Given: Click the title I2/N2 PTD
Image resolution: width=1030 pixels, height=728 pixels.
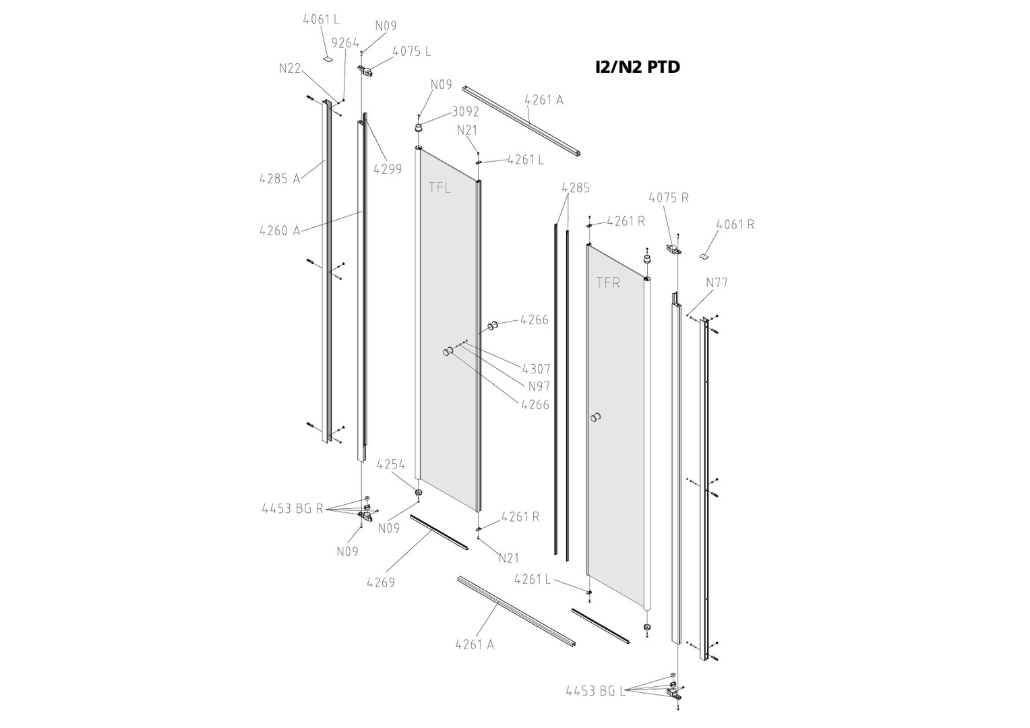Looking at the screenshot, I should (637, 67).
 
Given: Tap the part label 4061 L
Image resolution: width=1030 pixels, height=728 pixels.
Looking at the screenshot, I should (321, 20).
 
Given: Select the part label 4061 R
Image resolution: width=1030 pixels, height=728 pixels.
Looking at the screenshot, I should (735, 224).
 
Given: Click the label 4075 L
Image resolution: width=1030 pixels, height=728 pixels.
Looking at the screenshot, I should (411, 51).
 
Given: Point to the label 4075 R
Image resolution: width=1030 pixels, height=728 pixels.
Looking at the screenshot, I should (668, 198).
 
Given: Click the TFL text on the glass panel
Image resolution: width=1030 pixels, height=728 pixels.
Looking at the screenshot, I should (440, 187).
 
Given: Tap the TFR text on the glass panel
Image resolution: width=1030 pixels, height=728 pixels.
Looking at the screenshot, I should (607, 282).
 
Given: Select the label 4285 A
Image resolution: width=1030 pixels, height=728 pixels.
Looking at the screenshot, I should (280, 179).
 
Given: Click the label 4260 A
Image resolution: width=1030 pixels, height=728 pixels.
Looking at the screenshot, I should (280, 231).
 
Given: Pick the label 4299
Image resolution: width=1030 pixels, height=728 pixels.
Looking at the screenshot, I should (388, 169).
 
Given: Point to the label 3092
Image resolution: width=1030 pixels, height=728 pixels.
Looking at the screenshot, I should (465, 112).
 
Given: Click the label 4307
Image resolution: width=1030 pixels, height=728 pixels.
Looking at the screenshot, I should (536, 369).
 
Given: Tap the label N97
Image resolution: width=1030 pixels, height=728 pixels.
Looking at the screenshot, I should (539, 386).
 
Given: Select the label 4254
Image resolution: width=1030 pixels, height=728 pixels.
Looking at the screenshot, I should (391, 464).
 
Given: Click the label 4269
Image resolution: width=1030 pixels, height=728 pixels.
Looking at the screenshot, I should (381, 582).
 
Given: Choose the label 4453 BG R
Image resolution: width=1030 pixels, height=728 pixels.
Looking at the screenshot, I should (293, 508).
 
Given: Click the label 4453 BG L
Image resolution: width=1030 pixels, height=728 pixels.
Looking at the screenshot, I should (595, 691).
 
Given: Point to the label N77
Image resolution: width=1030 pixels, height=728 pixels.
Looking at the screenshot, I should (717, 282).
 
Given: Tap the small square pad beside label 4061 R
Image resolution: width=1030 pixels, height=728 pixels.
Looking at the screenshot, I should (704, 256).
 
